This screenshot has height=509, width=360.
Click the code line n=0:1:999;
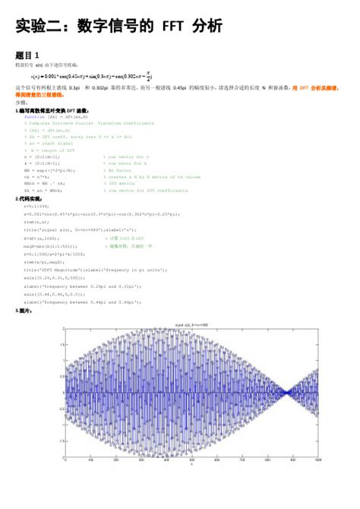[x=37, y=206]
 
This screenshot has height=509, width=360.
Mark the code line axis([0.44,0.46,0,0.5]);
[x=60, y=293]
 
